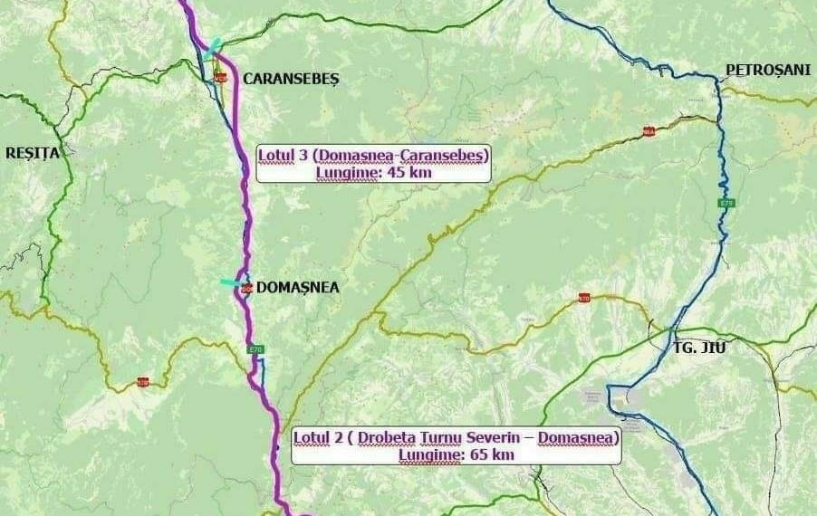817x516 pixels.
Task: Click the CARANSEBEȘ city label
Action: (290, 80)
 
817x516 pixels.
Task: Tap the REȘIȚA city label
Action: (32, 153)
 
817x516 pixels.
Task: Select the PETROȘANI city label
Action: (768, 71)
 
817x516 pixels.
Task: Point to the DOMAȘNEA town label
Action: (298, 288)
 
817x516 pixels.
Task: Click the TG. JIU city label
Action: (700, 347)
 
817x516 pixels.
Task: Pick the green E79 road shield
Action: (726, 203)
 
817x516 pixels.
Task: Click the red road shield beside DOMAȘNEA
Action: (245, 289)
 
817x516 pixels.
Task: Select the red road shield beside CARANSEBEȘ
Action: (219, 80)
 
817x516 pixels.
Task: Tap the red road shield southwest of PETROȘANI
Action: (649, 131)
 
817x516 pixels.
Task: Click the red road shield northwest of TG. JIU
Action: (584, 298)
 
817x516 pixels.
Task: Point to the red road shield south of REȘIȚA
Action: (143, 382)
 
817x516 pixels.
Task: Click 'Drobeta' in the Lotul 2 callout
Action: (386, 438)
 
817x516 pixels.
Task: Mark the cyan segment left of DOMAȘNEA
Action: (231, 283)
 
